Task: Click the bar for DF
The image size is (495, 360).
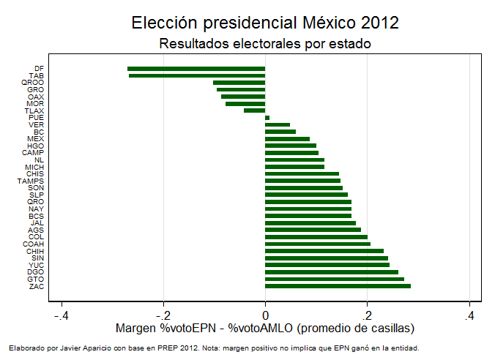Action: [x=196, y=69]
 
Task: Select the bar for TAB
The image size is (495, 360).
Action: [x=197, y=75]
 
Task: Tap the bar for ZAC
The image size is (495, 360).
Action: [x=338, y=286]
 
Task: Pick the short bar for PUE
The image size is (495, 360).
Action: [x=267, y=118]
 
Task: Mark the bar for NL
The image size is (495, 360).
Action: [x=294, y=160]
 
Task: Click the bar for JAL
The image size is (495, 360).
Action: [x=310, y=223]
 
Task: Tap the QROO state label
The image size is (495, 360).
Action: [x=33, y=83]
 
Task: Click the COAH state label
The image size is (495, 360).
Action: [x=34, y=244]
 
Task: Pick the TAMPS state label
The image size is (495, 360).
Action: [x=31, y=181]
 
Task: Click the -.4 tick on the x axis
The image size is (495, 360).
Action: [x=62, y=315]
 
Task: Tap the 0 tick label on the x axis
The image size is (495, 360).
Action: [x=266, y=315]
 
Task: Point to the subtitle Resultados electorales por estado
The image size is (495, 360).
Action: [x=265, y=44]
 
